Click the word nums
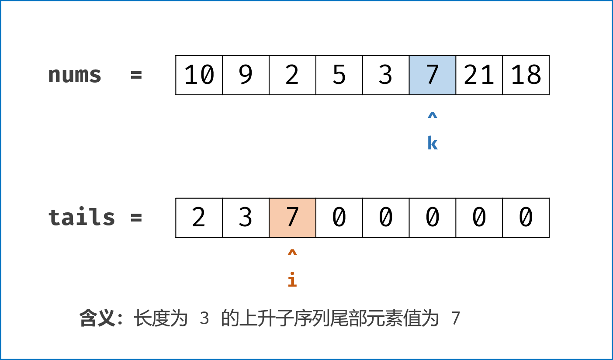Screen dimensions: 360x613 coord(74,75)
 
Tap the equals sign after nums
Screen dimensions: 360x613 coord(136,75)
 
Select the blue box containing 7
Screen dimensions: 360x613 coord(432,75)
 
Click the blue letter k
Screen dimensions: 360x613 coord(432,143)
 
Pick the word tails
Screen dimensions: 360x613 coord(81,218)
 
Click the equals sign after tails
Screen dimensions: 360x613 coord(136,218)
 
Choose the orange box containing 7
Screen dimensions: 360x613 coord(292,218)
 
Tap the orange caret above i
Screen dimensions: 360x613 coord(292,253)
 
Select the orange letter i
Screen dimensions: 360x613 coord(292,280)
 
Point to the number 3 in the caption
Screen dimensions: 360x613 coord(204,318)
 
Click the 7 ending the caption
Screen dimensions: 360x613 coord(456,318)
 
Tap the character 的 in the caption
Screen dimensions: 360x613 coord(229,318)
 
